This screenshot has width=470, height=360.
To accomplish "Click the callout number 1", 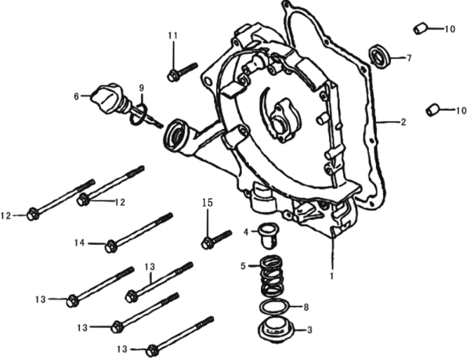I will tap(331, 276).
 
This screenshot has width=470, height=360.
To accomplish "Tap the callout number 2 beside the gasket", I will tap(403, 122).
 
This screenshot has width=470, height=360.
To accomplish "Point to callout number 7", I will tap(408, 58).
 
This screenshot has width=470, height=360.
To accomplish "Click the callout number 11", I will tap(172, 36).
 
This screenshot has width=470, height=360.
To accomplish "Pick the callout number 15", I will tap(207, 203).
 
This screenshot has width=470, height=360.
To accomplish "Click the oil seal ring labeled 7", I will tap(381, 56).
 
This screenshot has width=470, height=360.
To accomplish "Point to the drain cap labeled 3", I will tap(272, 329).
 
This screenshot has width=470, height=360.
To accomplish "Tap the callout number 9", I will tap(142, 88).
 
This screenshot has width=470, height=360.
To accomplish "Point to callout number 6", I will tap(77, 96).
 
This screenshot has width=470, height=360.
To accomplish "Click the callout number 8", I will tap(306, 306).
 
